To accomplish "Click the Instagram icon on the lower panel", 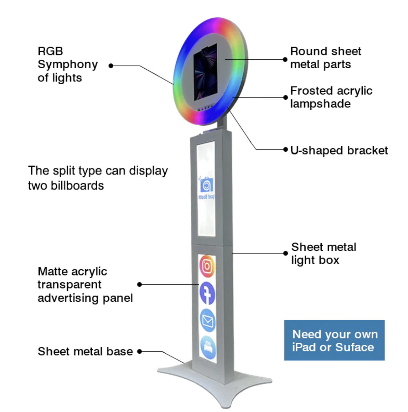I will click(207, 266).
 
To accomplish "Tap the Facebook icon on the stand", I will click(207, 293).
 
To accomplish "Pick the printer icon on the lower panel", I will click(207, 346).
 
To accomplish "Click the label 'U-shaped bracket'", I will click(339, 150).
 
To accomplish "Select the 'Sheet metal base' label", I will click(85, 351).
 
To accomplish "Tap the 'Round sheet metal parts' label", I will click(326, 58).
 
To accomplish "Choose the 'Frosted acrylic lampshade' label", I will click(331, 97).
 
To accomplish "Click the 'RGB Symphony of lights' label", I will click(67, 64).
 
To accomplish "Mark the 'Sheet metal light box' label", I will click(324, 254).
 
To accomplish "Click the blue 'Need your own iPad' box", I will click(334, 340).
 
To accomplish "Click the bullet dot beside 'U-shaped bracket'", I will click(285, 149).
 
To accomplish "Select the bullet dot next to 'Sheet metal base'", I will click(139, 351).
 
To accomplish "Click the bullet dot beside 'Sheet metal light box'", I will click(285, 253).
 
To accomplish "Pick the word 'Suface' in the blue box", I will click(354, 347).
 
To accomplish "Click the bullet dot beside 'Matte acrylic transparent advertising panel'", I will click(139, 284).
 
